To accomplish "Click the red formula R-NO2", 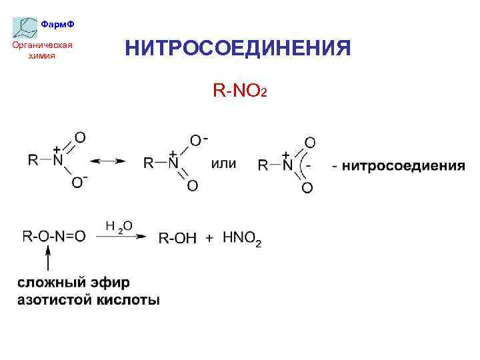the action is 239,90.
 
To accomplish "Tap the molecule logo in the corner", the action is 25,27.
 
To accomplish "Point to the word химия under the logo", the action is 42,56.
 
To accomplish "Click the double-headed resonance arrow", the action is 108,161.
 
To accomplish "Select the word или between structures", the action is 223,163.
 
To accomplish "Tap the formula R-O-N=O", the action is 55,236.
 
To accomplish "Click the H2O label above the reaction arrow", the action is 119,227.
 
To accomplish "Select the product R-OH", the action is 177,239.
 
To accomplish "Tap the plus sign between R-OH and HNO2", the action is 209,238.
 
